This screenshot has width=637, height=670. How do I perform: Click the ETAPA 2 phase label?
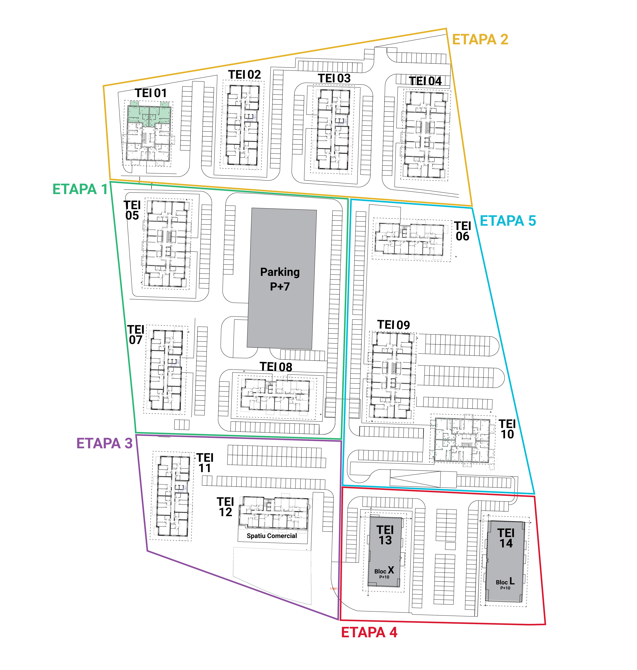(x=480, y=39)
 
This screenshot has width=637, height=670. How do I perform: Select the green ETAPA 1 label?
(x=80, y=189)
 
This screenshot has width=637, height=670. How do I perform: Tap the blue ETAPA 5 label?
(x=508, y=221)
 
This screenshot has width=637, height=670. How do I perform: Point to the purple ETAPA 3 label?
(x=104, y=443)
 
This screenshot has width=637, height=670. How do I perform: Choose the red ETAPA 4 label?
(x=369, y=632)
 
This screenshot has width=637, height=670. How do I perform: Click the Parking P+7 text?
(x=280, y=279)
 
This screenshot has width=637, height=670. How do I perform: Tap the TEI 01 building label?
(x=151, y=93)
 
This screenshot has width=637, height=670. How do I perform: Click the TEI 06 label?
(x=462, y=231)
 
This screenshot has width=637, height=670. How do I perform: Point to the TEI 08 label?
(x=276, y=367)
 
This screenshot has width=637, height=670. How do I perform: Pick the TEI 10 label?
(x=507, y=429)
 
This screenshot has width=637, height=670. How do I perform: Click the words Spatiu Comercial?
(x=272, y=536)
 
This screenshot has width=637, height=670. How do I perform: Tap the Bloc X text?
(x=384, y=570)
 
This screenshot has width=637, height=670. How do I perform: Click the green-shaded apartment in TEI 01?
(x=149, y=115)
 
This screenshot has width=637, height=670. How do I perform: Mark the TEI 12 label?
(x=226, y=507)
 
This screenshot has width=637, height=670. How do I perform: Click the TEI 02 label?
(x=245, y=75)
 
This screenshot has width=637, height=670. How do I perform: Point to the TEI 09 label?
(x=393, y=325)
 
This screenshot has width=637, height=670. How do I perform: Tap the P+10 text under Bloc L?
(x=505, y=588)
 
